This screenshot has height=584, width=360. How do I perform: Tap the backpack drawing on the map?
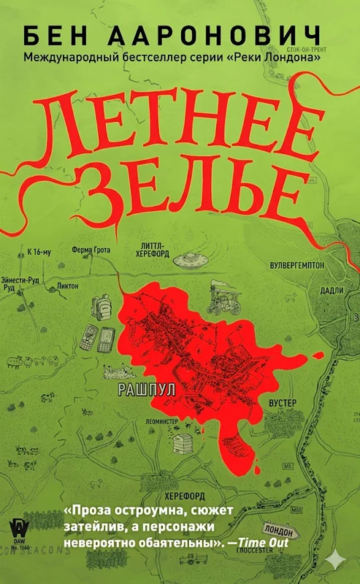(x=183, y=442)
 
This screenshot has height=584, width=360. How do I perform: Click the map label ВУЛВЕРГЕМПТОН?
(x=296, y=266)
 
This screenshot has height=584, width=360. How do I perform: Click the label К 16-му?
(x=38, y=252)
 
